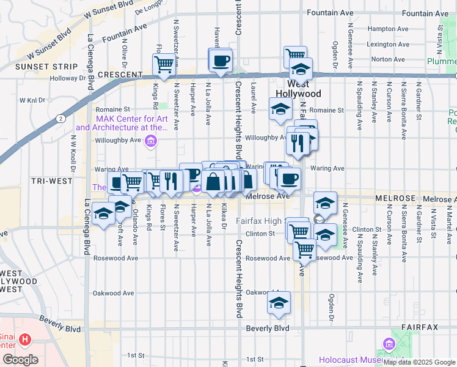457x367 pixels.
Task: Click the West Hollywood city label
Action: tap(298, 89)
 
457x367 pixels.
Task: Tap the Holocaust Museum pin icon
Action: tap(387, 346)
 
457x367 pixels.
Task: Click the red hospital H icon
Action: tap(25, 339)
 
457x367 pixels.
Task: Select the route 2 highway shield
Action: tap(59, 119)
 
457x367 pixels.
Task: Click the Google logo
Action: tap(20, 360)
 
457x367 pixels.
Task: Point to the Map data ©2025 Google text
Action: tap(419, 363)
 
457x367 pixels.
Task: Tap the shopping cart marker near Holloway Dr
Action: tap(163, 64)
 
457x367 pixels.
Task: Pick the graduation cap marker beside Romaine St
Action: tap(280, 109)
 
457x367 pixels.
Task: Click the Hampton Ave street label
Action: tap(383, 28)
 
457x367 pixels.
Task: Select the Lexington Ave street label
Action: tap(383, 44)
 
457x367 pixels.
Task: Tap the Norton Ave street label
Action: tap(384, 59)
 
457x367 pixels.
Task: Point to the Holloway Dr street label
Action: tap(68, 78)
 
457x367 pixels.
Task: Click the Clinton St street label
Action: tap(260, 234)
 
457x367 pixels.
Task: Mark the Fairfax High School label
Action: tap(261, 221)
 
